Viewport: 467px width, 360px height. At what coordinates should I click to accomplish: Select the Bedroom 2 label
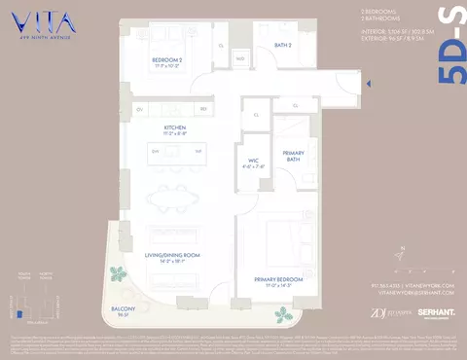click(x=167, y=64)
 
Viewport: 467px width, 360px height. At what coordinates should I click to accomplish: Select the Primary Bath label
click(x=294, y=157)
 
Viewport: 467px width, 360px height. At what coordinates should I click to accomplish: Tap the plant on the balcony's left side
click(x=117, y=275)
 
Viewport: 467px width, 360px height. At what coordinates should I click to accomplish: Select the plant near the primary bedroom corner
click(x=282, y=314)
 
